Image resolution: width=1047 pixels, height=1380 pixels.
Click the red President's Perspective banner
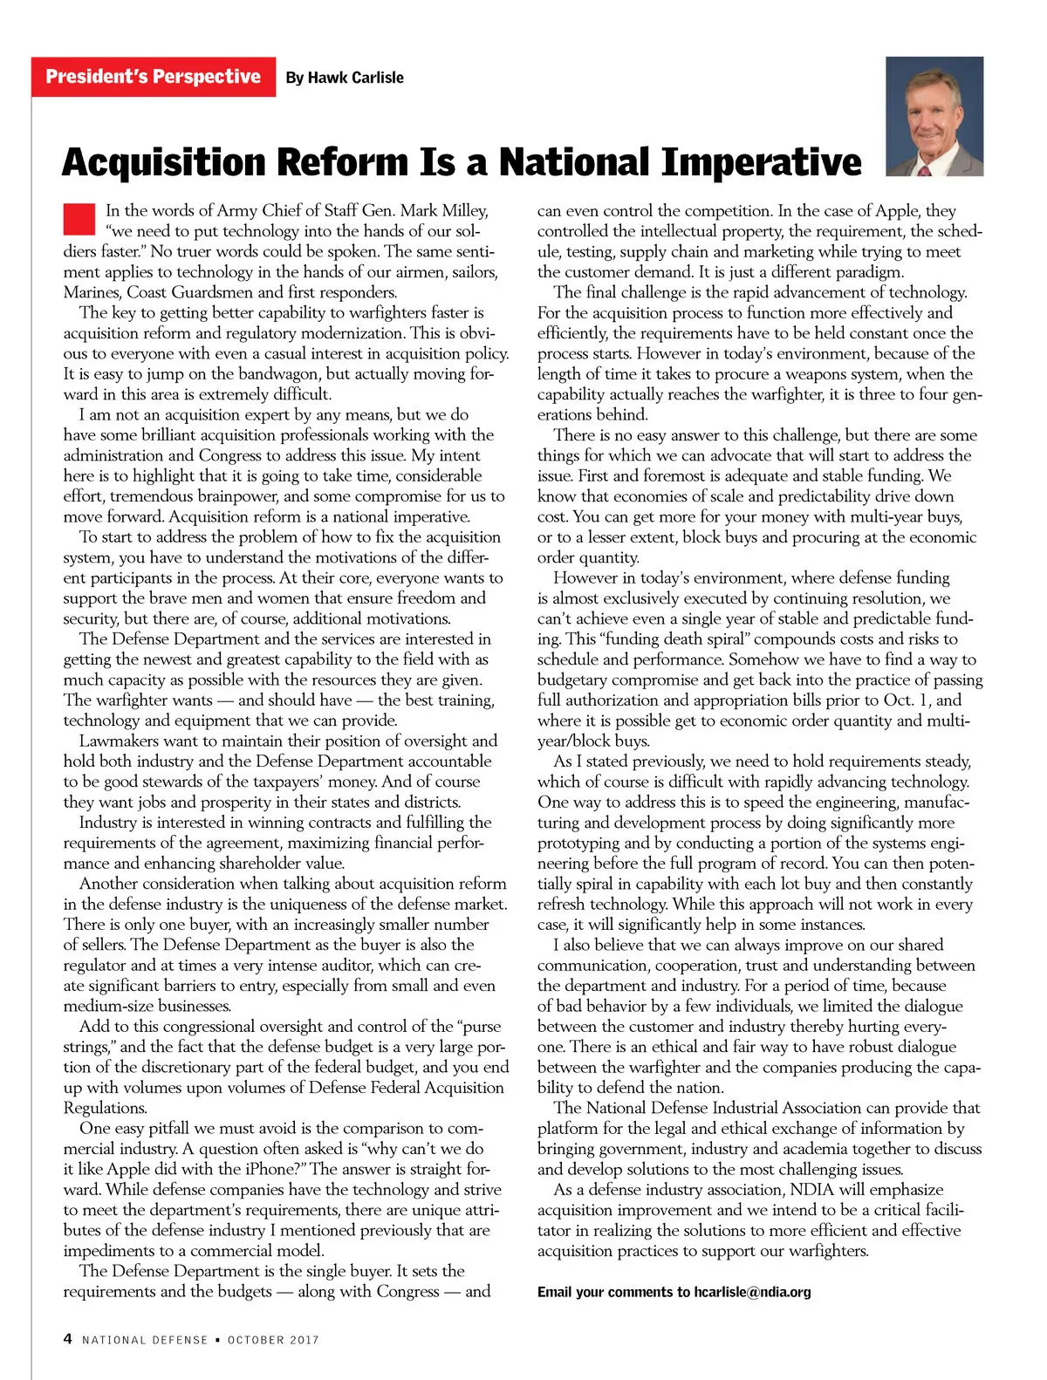click(x=154, y=77)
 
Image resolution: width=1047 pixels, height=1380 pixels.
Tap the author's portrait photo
click(x=934, y=117)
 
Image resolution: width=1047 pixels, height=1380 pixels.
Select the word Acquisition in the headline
click(x=163, y=163)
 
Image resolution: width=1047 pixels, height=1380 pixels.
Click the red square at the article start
click(x=79, y=219)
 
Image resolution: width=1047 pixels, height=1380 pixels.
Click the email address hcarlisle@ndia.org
click(x=752, y=1292)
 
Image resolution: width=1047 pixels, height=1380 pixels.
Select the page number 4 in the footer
click(x=68, y=1339)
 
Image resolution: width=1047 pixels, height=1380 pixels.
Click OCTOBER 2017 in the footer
click(x=273, y=1340)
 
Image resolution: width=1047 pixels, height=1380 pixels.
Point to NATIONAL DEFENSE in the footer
click(x=145, y=1340)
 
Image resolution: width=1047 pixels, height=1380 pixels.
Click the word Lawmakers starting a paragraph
click(x=119, y=741)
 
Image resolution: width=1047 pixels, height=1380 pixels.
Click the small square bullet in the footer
click(x=217, y=1340)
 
